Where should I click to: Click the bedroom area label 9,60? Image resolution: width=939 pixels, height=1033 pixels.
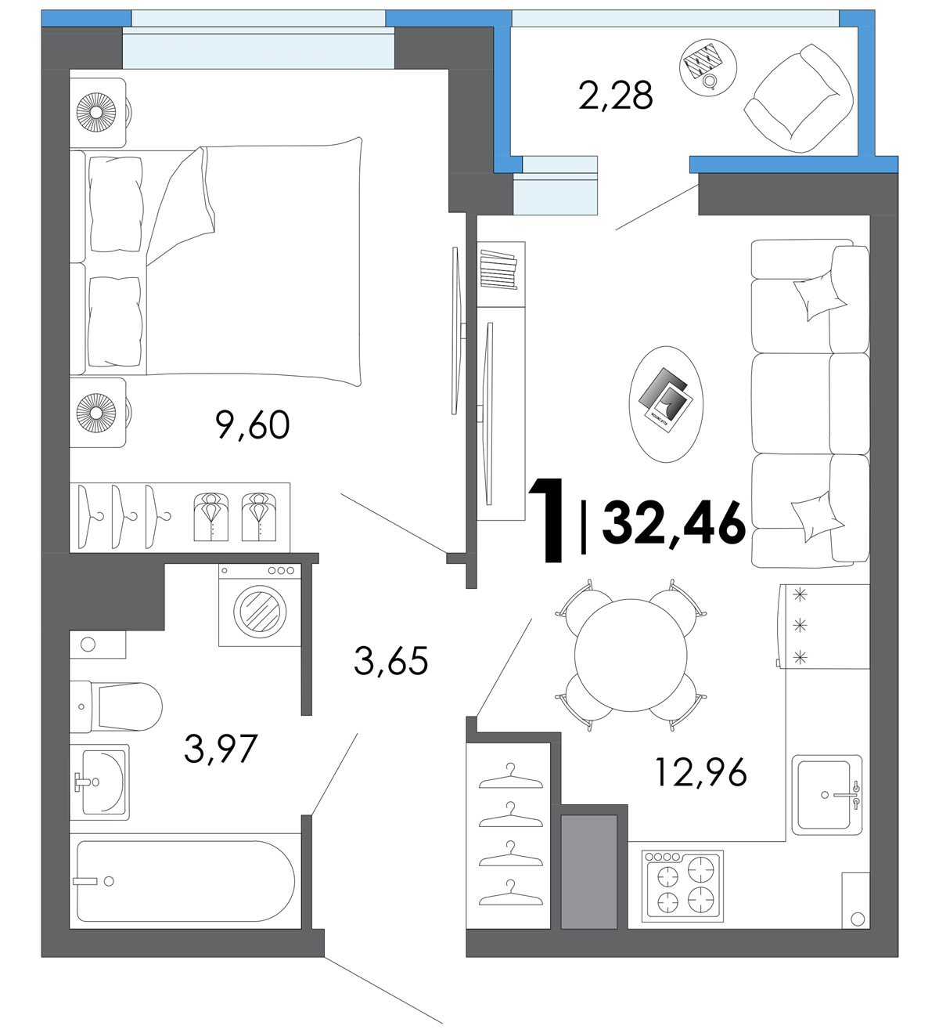(253, 425)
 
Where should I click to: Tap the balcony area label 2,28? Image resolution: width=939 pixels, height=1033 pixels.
(615, 96)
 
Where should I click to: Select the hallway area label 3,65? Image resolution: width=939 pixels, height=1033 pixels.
(391, 660)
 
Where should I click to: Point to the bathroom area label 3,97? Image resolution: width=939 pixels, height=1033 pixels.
(221, 748)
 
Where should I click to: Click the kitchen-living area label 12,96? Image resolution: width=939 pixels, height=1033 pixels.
(701, 772)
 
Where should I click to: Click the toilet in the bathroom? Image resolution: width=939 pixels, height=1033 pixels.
(116, 706)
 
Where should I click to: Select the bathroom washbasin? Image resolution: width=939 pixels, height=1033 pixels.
(99, 782)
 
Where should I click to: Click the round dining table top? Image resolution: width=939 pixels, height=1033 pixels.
(630, 655)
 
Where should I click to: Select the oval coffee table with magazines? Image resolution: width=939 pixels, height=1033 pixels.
(666, 404)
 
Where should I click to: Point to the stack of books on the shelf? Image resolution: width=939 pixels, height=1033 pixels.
(498, 269)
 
